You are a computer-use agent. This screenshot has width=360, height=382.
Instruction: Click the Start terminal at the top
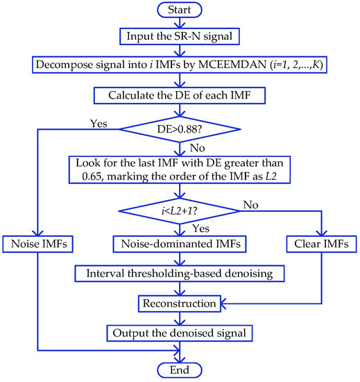pos(180,11)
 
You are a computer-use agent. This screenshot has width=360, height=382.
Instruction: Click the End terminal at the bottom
pos(180,369)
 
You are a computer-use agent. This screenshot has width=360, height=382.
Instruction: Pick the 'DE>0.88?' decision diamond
pos(180,128)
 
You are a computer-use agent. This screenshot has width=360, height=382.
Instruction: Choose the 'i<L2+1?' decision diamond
pos(180,211)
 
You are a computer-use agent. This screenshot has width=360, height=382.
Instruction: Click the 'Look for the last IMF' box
pos(180,169)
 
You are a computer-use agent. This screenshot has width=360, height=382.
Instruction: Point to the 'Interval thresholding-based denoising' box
pos(180,274)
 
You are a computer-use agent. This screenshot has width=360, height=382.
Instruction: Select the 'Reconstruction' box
pos(180,304)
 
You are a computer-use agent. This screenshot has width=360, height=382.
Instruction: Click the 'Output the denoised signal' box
pos(180,333)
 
